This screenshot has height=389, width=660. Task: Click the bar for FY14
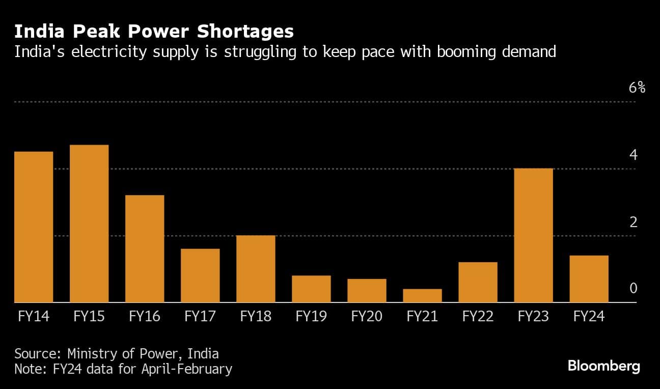click(x=34, y=227)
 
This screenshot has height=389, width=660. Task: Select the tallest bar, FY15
click(x=89, y=224)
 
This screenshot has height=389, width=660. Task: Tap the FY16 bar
click(x=145, y=248)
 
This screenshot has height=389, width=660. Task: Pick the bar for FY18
click(x=256, y=269)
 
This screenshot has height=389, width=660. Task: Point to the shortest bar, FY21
click(x=422, y=296)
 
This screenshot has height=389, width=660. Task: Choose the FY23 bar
click(x=533, y=235)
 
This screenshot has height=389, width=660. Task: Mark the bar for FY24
click(x=589, y=279)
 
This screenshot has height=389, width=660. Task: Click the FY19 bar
click(x=311, y=289)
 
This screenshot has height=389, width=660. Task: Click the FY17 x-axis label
click(x=200, y=316)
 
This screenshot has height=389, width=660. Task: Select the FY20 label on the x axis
click(x=367, y=316)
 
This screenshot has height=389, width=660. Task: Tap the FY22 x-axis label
click(x=478, y=316)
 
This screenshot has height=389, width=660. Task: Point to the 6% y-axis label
click(x=637, y=88)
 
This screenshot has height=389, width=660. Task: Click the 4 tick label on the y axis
click(x=633, y=155)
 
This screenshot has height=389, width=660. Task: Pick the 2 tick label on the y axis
click(x=633, y=222)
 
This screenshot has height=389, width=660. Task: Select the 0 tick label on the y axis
click(x=633, y=289)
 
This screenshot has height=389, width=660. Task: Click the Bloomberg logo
click(x=603, y=366)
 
